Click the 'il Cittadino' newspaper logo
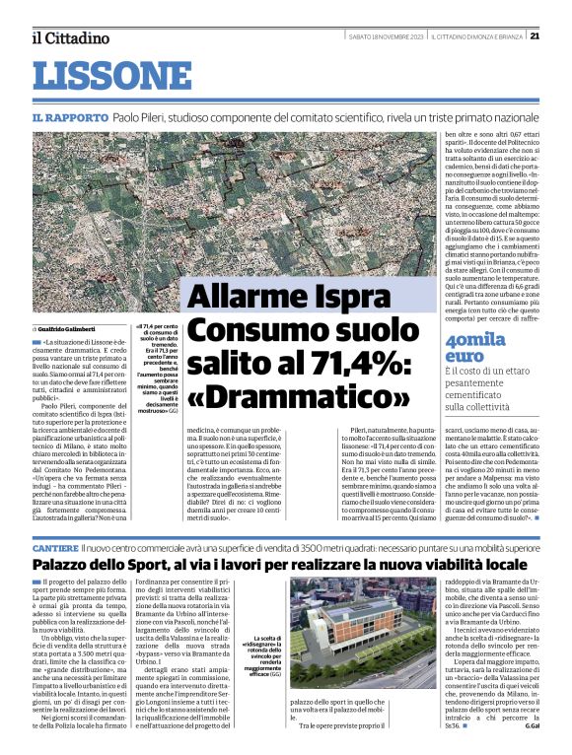point(69,38)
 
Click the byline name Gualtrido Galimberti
point(68,327)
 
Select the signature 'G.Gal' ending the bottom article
point(534,737)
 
